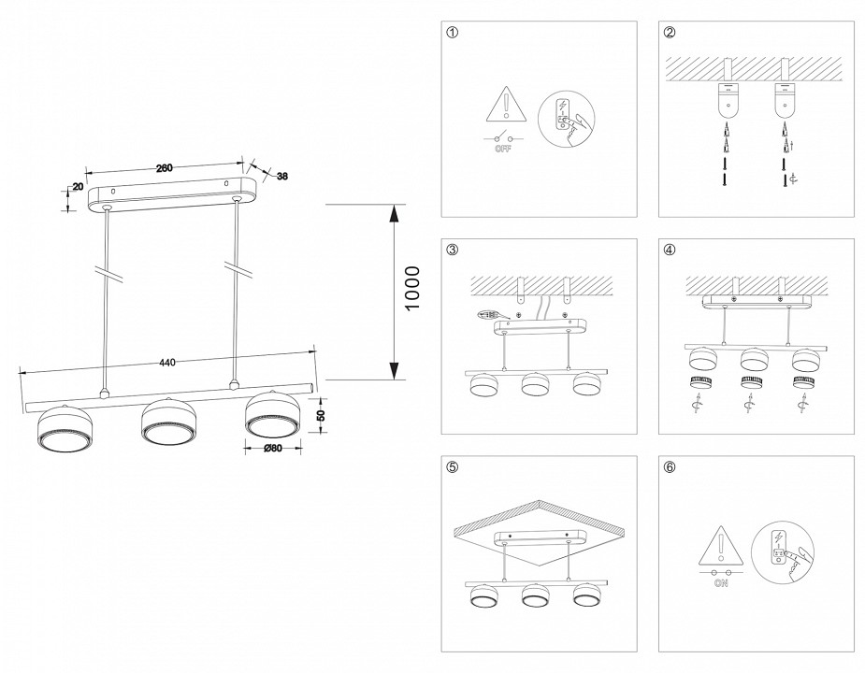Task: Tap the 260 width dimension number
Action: pos(163,168)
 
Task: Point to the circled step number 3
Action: pos(453,250)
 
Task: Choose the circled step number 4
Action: pos(670,250)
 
